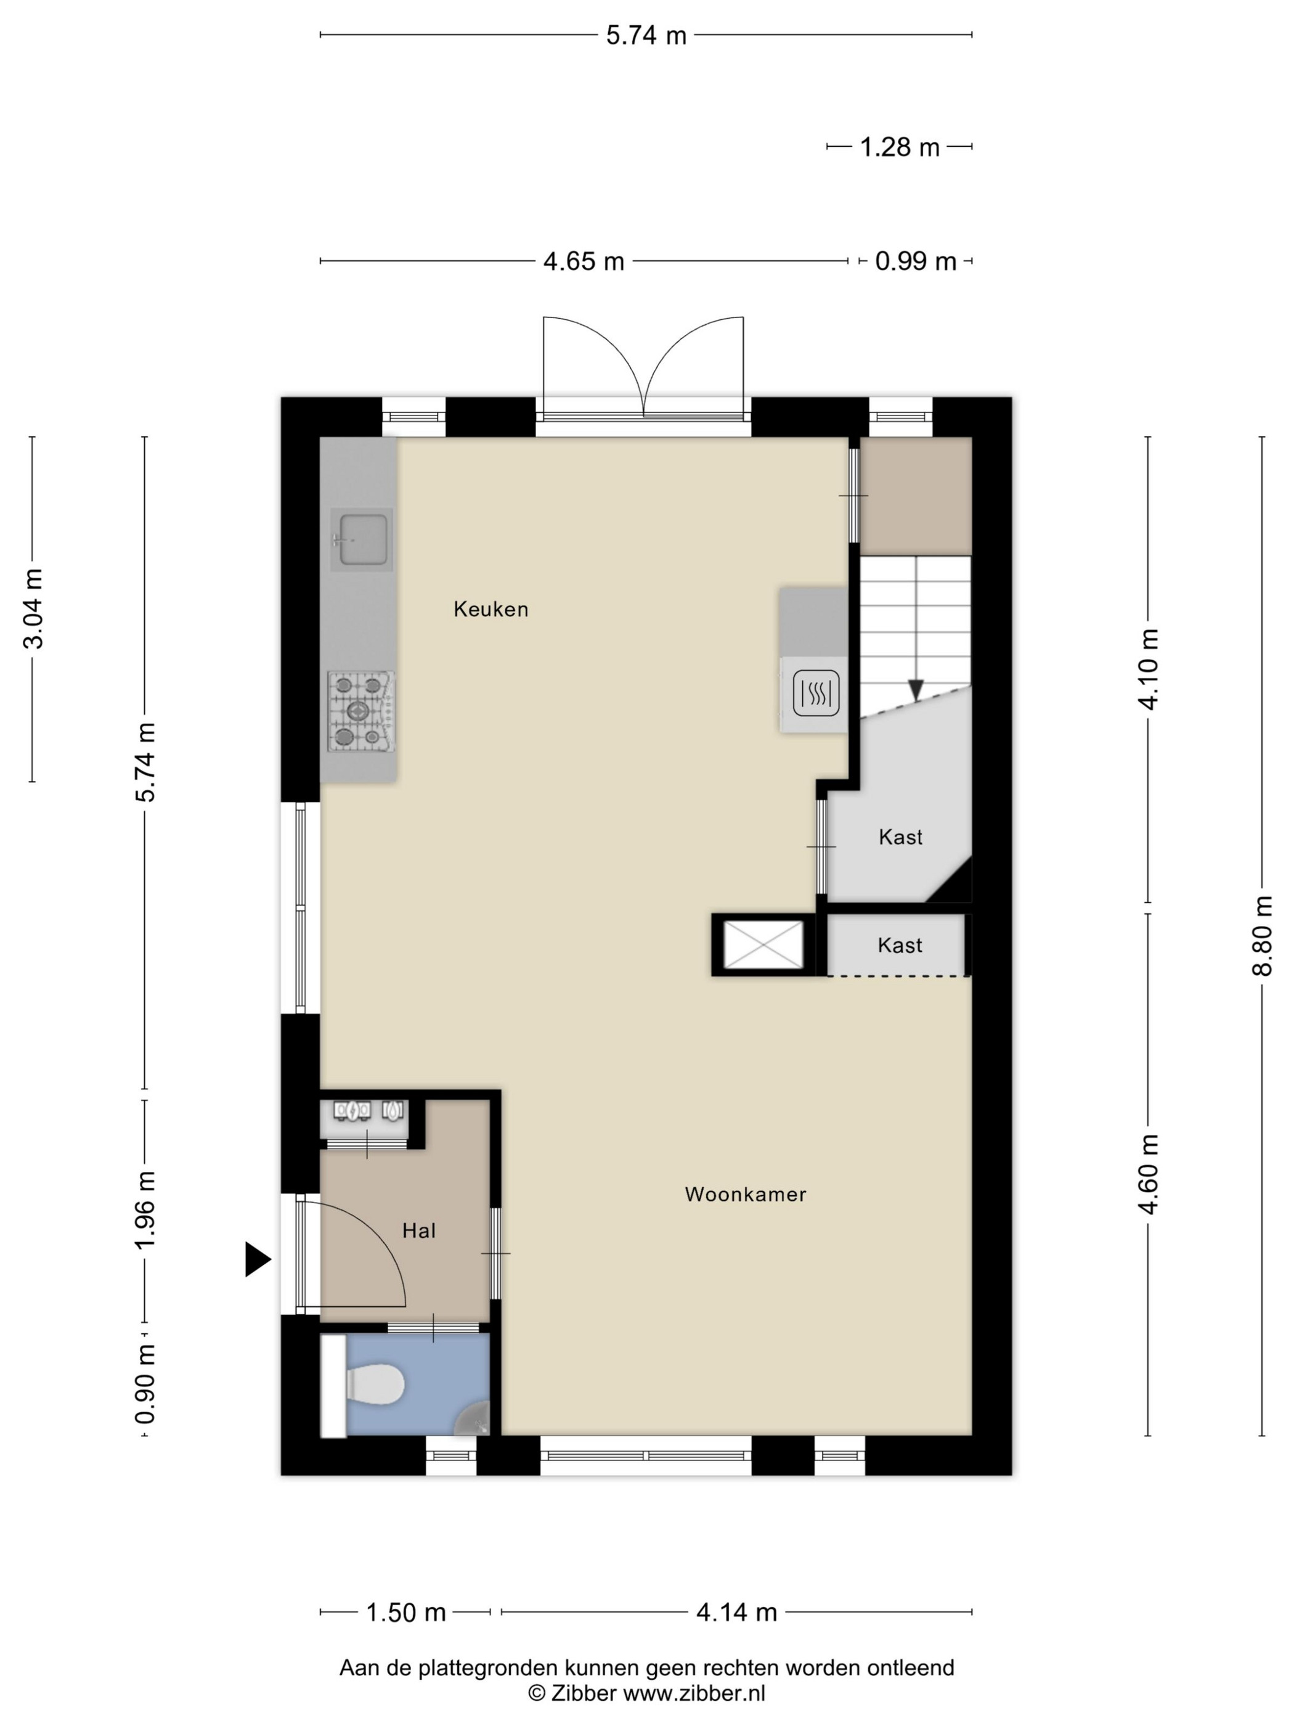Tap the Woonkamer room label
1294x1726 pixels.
pos(745,1194)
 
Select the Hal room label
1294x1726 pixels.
pos(419,1230)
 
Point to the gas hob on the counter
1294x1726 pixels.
pos(360,711)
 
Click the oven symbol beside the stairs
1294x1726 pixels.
pos(816,693)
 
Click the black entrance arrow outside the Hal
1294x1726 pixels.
pos(258,1259)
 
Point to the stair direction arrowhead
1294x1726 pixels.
pos(916,690)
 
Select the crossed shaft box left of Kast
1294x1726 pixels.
pos(763,944)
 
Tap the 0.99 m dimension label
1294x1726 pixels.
pos(916,261)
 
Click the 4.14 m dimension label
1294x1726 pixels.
pos(736,1612)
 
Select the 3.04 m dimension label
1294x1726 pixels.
pos(33,608)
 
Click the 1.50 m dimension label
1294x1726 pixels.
pos(405,1612)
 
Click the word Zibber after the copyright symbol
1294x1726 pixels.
pos(584,1693)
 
